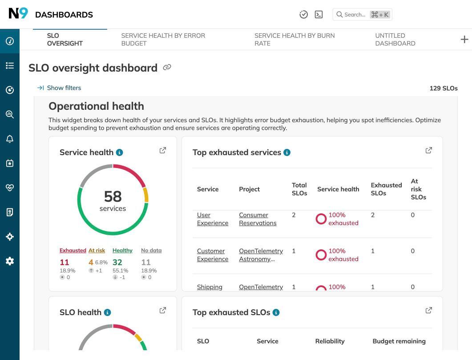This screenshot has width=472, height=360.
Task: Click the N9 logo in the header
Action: click(x=18, y=14)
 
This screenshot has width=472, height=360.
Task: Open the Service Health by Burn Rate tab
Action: click(x=294, y=39)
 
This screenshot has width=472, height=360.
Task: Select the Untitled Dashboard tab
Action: click(x=395, y=39)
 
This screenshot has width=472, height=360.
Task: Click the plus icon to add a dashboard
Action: click(x=464, y=40)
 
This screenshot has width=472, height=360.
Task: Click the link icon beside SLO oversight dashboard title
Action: click(x=167, y=68)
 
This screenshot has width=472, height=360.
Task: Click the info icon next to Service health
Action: click(x=119, y=152)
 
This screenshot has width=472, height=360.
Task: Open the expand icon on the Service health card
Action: click(x=163, y=150)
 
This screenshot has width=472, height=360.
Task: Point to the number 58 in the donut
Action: click(x=113, y=196)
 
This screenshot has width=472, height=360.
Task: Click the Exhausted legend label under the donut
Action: click(x=73, y=251)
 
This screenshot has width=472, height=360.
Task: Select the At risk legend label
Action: click(x=97, y=251)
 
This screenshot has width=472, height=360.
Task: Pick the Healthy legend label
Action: click(x=122, y=251)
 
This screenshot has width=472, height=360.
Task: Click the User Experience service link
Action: click(x=212, y=219)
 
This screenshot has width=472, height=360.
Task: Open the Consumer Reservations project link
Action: click(x=257, y=219)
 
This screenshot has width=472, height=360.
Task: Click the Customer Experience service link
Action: click(x=212, y=255)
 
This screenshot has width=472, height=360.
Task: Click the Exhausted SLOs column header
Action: click(x=386, y=189)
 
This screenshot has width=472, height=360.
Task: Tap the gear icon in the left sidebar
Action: click(x=10, y=261)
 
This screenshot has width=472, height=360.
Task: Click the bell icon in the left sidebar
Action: click(x=10, y=139)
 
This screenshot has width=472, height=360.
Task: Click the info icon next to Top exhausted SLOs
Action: click(x=276, y=312)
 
